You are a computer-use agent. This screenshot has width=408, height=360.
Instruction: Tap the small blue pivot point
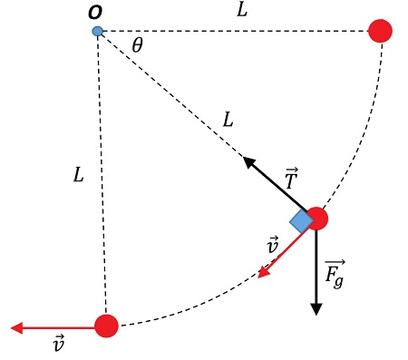pos(98,32)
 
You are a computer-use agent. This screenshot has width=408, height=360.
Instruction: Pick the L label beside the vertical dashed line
pos(79,175)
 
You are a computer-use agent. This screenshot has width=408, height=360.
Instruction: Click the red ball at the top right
pos(381,32)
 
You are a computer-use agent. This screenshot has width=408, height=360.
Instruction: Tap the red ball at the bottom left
pos(107,326)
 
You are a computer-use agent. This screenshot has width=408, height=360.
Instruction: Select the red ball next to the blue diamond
pos(316,219)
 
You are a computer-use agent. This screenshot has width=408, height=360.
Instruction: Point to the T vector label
pos(290,179)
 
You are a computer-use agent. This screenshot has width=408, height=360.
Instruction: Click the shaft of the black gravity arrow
pos(316,268)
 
